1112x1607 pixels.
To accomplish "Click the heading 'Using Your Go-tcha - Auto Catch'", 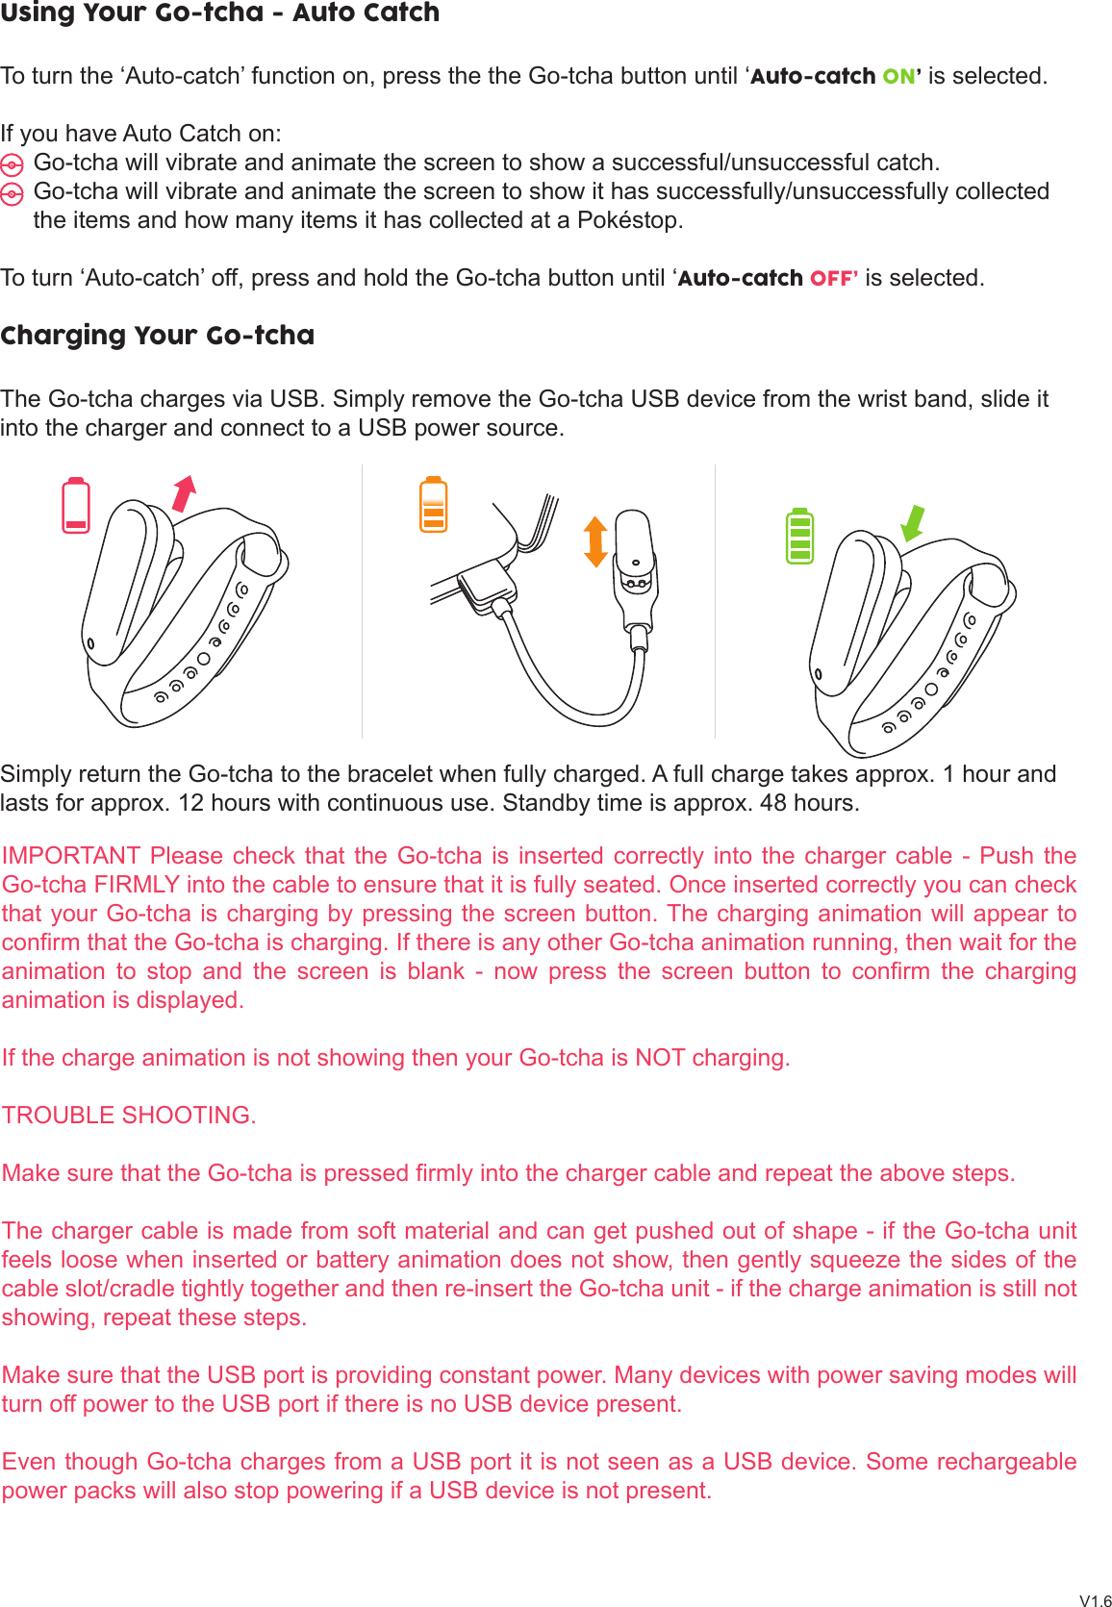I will pos(219,13).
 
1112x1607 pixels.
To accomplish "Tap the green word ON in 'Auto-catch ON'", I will pos(899,76).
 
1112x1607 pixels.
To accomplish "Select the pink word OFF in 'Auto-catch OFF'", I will pos(832,278).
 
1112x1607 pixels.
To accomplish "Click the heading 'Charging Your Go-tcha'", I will pos(158,336).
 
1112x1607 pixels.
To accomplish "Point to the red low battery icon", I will pos(76,505).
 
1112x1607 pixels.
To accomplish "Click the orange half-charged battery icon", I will pos(434,505).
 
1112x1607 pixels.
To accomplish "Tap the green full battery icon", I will pos(799,536).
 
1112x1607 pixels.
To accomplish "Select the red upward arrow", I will pos(184,493).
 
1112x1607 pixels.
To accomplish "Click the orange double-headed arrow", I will pos(595,540).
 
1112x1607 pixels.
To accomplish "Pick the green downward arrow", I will pos(912,524).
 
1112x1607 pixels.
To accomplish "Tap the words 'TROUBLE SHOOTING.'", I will pos(129,1116).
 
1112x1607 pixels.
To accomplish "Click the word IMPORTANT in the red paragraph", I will pos(71,856).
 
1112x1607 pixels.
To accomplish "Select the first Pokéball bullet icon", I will pos(12,164).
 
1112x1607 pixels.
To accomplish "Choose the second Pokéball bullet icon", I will pos(12,194).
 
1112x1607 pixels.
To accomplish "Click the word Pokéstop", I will pos(629,220).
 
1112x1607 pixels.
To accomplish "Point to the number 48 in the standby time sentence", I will pos(772,803).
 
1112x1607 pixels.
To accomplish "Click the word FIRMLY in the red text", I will pos(137,885).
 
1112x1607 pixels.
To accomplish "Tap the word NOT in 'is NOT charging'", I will pos(660,1058).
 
